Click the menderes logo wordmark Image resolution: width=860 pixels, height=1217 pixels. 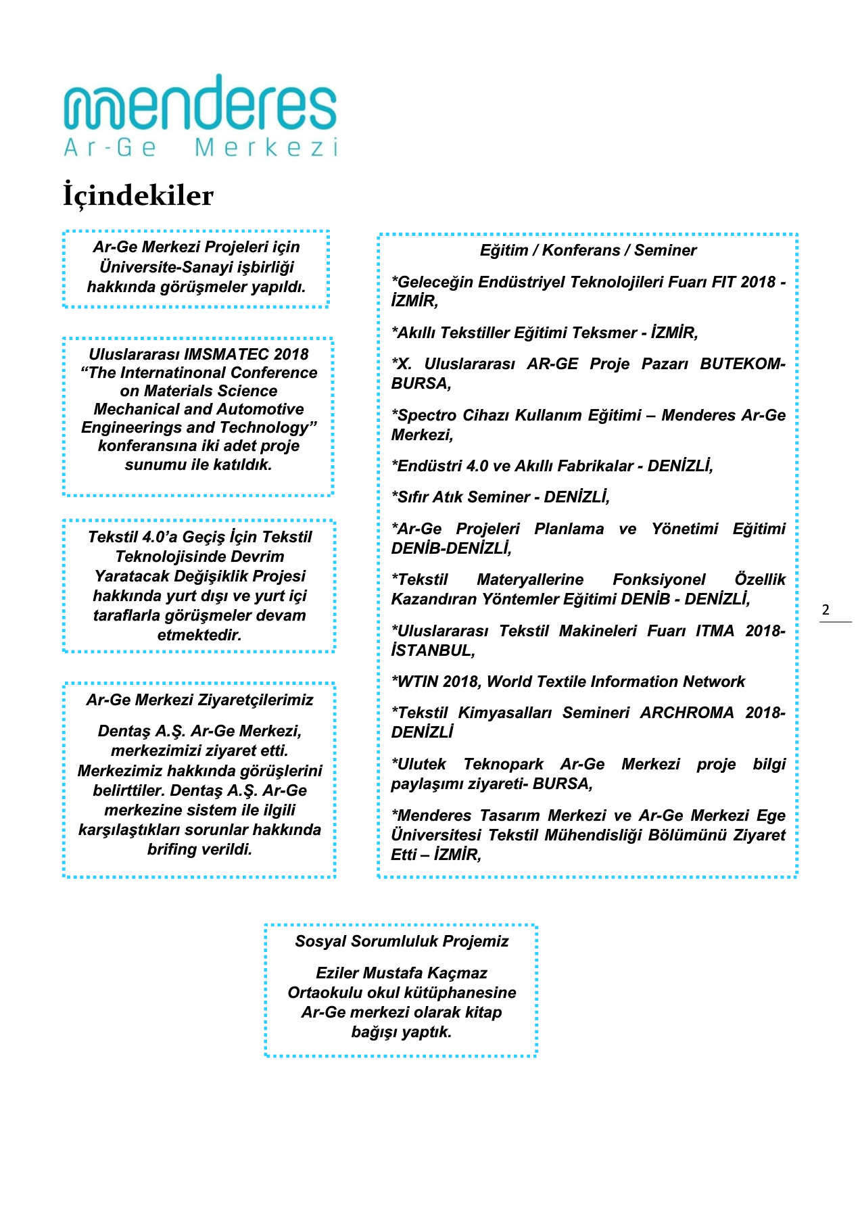coord(200,104)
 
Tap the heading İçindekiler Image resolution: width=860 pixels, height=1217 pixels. coord(139,196)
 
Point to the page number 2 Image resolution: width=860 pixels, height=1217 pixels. coord(826,610)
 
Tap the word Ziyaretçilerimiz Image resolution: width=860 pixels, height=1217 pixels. coord(261,700)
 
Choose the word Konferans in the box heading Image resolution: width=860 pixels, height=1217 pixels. coord(581,250)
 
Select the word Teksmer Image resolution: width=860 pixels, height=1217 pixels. coord(605,333)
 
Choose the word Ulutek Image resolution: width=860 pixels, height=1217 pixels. coord(421,764)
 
